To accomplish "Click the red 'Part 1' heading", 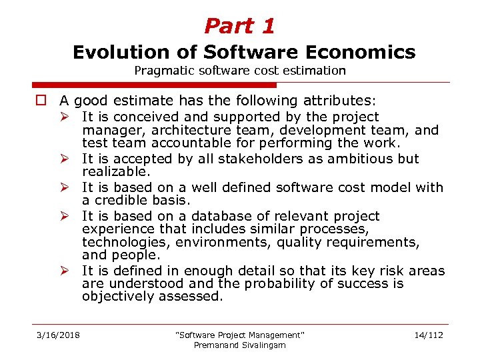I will coord(239,26).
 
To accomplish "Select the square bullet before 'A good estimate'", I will coord(41,101).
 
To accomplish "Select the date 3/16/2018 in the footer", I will coord(58,335).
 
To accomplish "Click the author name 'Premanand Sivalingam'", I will coord(239,345).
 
